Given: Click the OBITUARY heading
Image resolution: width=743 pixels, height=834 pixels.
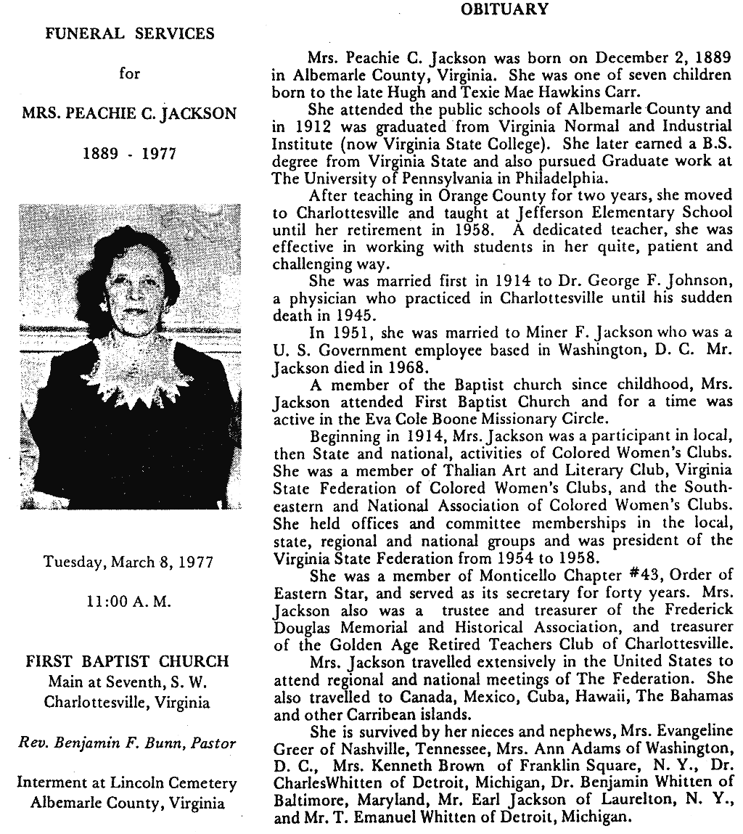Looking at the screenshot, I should coord(504,9).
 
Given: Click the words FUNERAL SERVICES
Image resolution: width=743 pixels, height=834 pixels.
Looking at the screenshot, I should coord(130,33).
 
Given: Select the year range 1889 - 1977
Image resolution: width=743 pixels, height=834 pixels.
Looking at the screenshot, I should coord(130,155).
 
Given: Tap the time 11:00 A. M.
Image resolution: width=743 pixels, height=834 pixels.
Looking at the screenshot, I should coord(130,602).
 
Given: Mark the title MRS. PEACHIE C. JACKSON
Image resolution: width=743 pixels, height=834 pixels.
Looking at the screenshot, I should coord(130,114).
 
